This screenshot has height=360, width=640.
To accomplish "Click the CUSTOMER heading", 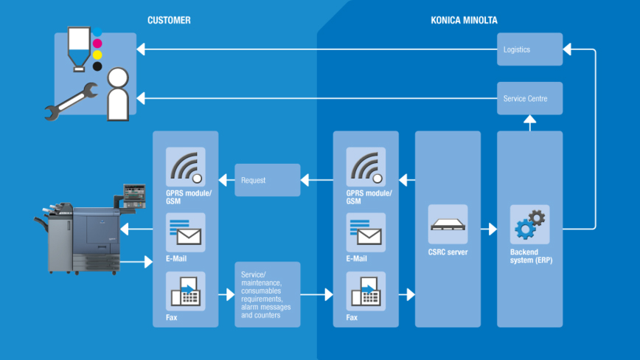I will [x=169, y=21].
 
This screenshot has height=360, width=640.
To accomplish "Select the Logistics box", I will [x=529, y=49].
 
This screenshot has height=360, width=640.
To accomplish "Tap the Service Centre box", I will [x=529, y=98].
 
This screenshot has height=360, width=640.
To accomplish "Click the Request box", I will [x=267, y=180].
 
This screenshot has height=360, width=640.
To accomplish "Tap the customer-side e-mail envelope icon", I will [x=185, y=232].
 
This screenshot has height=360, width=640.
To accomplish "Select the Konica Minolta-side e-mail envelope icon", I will [x=366, y=232].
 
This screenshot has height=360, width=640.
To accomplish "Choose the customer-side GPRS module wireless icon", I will [x=185, y=167].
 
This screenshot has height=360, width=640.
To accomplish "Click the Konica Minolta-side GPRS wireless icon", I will [x=366, y=167].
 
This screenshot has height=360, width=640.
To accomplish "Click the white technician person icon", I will [x=118, y=94].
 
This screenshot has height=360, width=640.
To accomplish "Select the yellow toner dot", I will [x=97, y=55].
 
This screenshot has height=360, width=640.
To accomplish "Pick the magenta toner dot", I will [x=97, y=44].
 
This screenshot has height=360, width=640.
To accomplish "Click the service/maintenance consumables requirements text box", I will [x=267, y=294].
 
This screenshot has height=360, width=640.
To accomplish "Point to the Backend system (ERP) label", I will [x=529, y=256].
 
